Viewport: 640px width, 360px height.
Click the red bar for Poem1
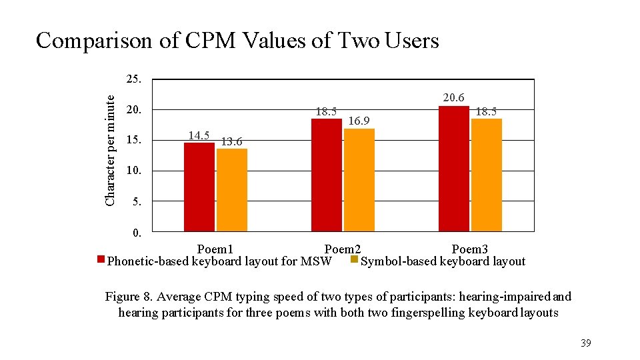pyautogui.click(x=199, y=187)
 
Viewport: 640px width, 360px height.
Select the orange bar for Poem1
pyautogui.click(x=231, y=190)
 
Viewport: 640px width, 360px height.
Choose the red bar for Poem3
pyautogui.click(x=453, y=169)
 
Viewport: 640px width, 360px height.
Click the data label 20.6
pyautogui.click(x=453, y=98)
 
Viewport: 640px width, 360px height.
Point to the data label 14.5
pyautogui.click(x=199, y=135)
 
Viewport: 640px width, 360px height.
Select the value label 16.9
pyautogui.click(x=359, y=121)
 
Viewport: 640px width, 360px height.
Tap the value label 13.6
pyautogui.click(x=231, y=141)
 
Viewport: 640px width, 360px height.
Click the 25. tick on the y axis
pyautogui.click(x=133, y=79)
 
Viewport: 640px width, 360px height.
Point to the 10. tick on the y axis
pyautogui.click(x=133, y=171)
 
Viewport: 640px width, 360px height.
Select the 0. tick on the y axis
pyautogui.click(x=137, y=233)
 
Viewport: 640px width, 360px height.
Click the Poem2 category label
pyautogui.click(x=343, y=249)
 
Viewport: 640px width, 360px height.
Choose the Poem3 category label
pyautogui.click(x=470, y=249)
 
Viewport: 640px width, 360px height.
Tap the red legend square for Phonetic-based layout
pyautogui.click(x=101, y=259)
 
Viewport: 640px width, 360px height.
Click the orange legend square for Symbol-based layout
pyautogui.click(x=354, y=259)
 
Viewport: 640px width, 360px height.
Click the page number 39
pyautogui.click(x=585, y=343)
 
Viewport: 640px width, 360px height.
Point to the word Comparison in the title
pyautogui.click(x=94, y=41)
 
